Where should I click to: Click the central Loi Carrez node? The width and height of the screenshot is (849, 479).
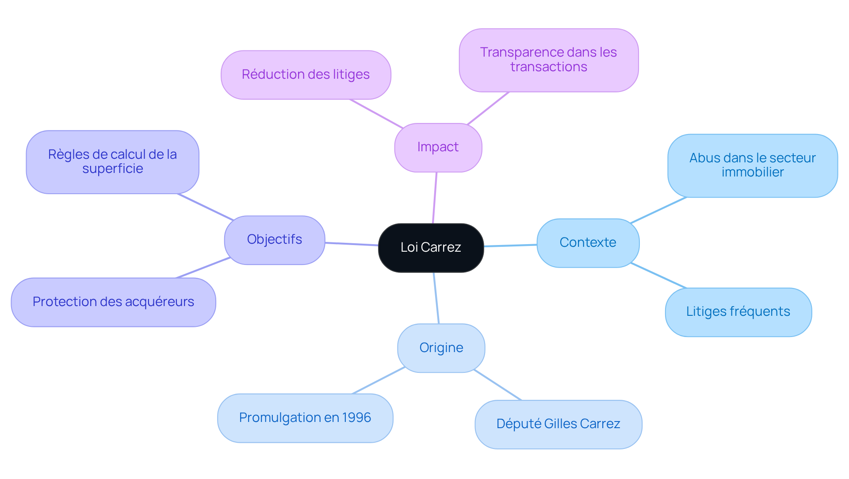point(431,248)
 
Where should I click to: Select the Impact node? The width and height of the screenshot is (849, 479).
point(438,147)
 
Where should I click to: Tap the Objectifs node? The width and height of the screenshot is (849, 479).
point(274,240)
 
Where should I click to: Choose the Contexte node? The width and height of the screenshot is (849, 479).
point(588,243)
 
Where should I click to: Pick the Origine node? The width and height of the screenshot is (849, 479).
point(441,348)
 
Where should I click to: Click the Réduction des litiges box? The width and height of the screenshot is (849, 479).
point(306,75)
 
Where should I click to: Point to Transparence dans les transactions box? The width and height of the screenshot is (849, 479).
point(548,60)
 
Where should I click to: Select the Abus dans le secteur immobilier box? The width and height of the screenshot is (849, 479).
point(752,165)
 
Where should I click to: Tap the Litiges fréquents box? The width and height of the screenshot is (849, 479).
point(738,312)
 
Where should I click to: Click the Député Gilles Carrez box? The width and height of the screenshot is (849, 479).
point(558,424)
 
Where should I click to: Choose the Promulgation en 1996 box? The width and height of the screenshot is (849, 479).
point(305,418)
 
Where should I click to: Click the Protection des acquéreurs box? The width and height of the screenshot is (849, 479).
point(113,302)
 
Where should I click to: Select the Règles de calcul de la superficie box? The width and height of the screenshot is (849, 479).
point(112,162)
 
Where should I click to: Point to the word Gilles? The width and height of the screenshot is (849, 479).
point(560,424)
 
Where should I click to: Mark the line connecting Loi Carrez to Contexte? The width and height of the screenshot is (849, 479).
point(510,245)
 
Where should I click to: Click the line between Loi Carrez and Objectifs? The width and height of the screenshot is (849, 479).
point(352,244)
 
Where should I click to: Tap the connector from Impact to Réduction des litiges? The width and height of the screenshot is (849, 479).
point(376,114)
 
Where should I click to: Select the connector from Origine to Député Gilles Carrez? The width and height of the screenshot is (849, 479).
point(497,385)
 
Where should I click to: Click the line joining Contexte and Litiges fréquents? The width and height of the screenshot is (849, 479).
point(658,276)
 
